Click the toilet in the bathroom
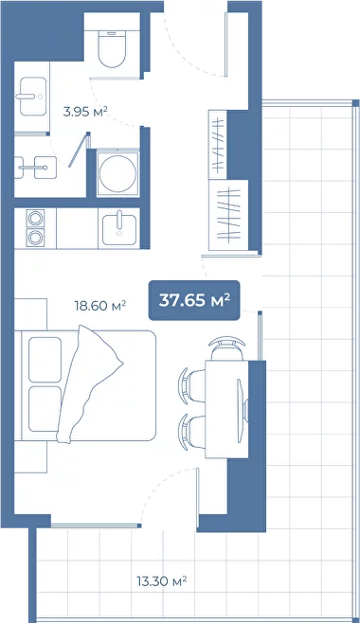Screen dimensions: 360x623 coord(112,48)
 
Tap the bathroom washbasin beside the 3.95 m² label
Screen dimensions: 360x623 coord(33,97)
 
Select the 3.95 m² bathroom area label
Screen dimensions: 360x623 coord(85,112)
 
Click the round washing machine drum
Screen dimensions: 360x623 coord(118,173)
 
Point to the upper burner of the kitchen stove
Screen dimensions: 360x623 coord(35,219)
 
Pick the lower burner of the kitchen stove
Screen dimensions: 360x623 coord(35,238)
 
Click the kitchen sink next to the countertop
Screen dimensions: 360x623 coord(119,229)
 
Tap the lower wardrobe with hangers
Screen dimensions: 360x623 coord(228,215)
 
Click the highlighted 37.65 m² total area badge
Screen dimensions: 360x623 coord(194,300)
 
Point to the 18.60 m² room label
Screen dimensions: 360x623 coord(100,306)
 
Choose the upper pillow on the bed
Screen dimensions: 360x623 coord(45,360)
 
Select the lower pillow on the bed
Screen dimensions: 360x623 coord(45,409)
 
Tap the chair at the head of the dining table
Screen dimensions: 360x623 coord(226,348)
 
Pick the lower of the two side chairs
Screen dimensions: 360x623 coord(192,432)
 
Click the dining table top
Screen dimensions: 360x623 coord(226,409)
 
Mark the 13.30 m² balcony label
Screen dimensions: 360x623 coord(162,581)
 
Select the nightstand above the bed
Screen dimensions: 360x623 coord(30,314)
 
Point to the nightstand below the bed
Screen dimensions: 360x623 coord(30,457)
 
